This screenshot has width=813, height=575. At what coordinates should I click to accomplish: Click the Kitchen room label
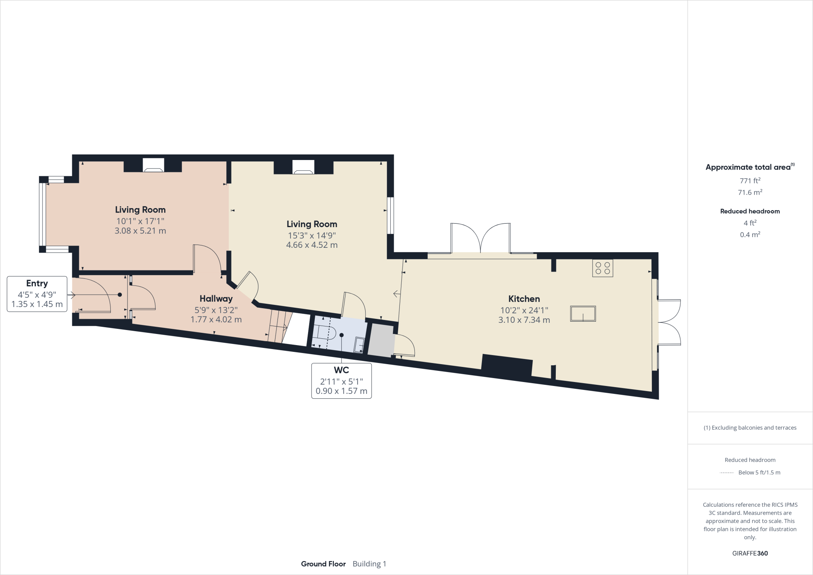(x=524, y=299)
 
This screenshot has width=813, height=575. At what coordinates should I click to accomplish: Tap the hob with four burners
(x=602, y=268)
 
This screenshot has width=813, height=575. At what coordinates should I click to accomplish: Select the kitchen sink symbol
(x=583, y=313)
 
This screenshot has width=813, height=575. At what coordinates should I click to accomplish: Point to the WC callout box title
(x=341, y=370)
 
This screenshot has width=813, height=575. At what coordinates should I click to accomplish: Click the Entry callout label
(x=37, y=283)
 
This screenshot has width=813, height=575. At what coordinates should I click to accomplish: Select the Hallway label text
(x=216, y=298)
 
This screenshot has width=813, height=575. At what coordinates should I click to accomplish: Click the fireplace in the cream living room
(x=303, y=167)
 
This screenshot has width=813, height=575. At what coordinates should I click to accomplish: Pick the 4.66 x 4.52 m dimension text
(x=312, y=245)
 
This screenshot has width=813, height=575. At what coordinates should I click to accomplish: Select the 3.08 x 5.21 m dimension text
(x=140, y=231)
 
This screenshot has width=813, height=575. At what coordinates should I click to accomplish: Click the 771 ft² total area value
(x=750, y=181)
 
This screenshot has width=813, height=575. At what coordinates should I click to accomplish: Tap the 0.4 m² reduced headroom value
(x=750, y=235)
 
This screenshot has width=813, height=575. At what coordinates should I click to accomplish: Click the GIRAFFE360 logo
(x=750, y=553)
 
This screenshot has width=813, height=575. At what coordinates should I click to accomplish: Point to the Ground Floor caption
(x=323, y=564)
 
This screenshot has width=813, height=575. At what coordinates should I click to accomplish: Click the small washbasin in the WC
(x=359, y=344)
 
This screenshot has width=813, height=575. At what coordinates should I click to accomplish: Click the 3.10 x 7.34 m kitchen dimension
(x=524, y=320)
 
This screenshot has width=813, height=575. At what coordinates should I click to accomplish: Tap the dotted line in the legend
(x=726, y=473)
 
